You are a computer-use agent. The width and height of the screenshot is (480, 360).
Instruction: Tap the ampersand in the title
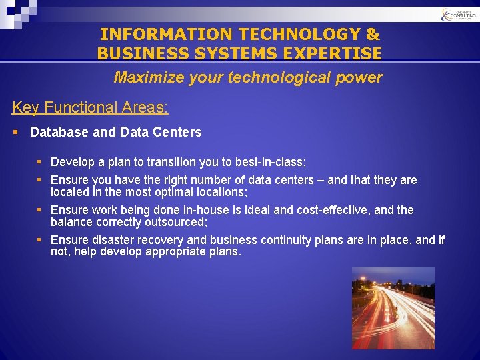pos(373,34)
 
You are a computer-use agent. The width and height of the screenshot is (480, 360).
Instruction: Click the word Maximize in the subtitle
pos(144,77)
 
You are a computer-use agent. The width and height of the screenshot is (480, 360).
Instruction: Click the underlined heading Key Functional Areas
pos(90,107)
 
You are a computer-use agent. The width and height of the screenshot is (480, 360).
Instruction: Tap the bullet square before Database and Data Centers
pos(16,132)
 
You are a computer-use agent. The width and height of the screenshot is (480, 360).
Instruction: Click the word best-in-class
pos(270,162)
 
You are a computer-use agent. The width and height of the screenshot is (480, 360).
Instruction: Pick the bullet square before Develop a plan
pos(40,162)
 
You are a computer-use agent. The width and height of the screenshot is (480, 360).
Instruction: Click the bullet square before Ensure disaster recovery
pos(40,240)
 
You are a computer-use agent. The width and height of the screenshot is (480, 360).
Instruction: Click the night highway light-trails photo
pos(393,308)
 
